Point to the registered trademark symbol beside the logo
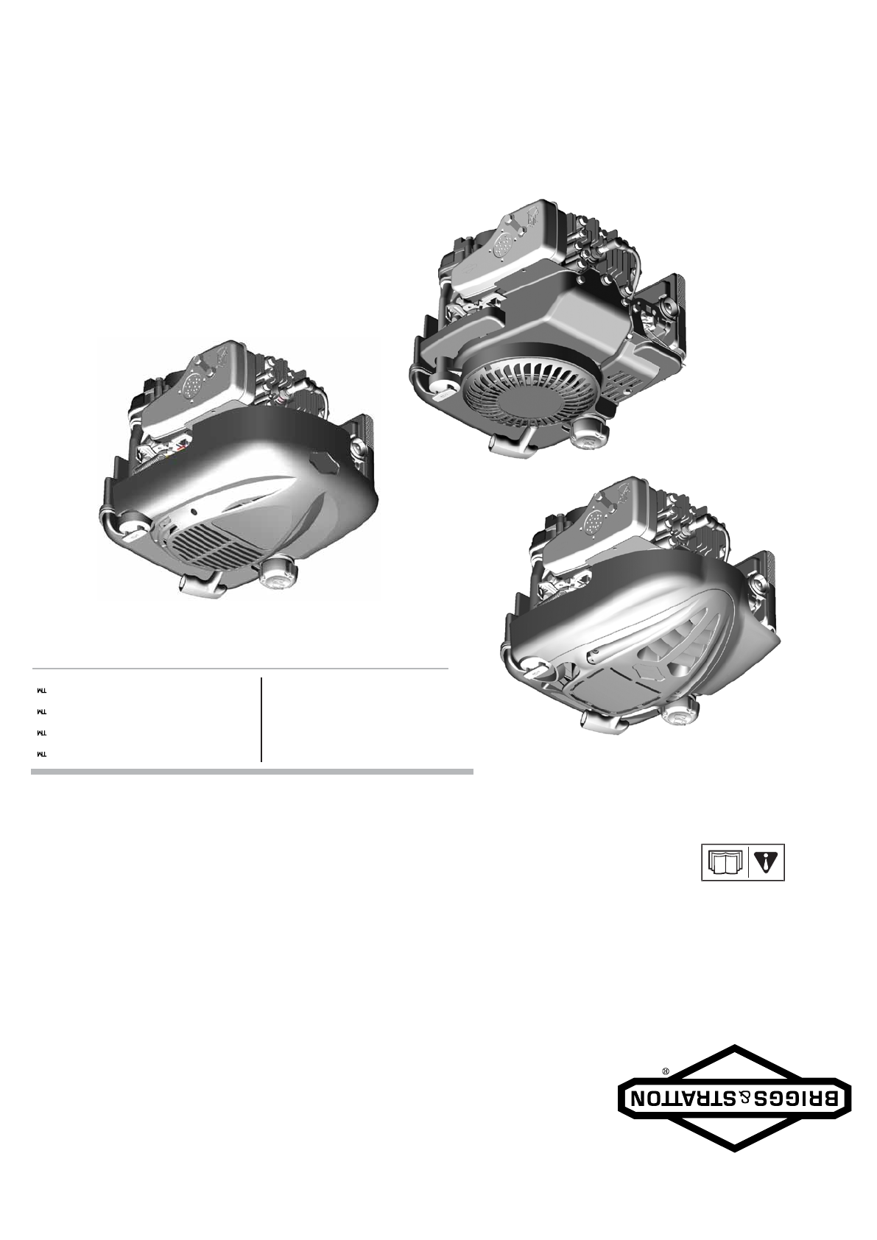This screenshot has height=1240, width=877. tap(666, 1071)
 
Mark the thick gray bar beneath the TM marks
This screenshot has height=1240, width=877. tap(252, 771)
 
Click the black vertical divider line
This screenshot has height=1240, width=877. tap(261, 719)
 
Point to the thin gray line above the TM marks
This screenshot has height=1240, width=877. tap(240, 669)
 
